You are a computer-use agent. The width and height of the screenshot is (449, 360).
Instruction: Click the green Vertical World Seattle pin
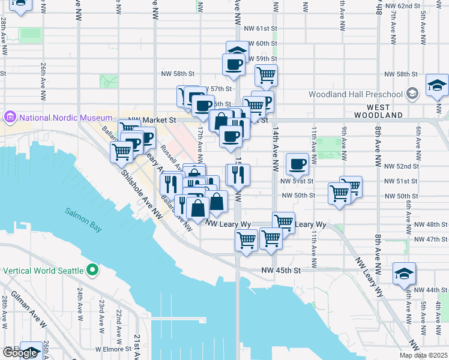92,270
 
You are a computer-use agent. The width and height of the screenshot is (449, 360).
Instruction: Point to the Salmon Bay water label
84,212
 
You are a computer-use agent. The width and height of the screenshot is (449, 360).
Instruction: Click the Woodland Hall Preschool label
355,94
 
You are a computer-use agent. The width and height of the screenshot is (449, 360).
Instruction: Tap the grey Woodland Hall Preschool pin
412,94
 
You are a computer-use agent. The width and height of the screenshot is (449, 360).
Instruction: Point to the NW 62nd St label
402,5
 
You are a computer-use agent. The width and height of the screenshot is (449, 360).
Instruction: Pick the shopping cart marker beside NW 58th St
266,75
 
